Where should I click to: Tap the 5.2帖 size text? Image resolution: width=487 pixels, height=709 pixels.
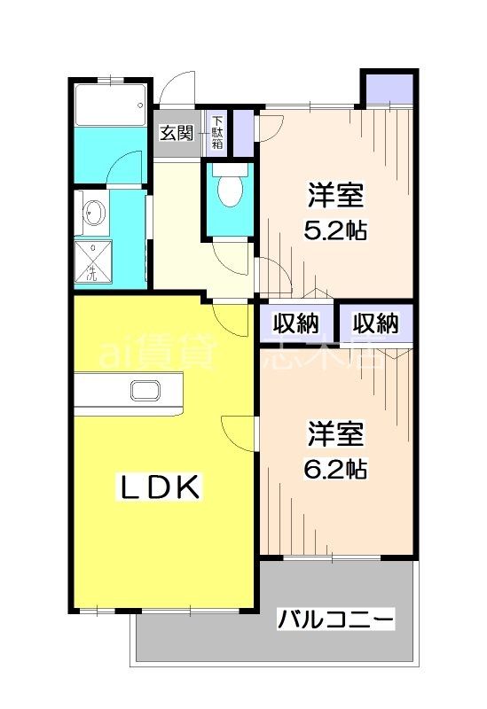337,230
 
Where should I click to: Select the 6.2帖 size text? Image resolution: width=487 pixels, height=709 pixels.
337,467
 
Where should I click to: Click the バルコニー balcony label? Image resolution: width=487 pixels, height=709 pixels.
335,619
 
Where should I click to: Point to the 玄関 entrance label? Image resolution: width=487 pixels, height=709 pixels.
177,133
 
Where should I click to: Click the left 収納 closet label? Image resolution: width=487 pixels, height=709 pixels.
295,323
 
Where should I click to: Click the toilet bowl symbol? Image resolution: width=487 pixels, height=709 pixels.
230,191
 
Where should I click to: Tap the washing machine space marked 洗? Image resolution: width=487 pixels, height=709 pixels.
91,262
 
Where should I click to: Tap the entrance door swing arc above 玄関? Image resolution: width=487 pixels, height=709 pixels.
176,89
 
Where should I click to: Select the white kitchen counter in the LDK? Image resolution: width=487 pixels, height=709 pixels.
129,393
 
